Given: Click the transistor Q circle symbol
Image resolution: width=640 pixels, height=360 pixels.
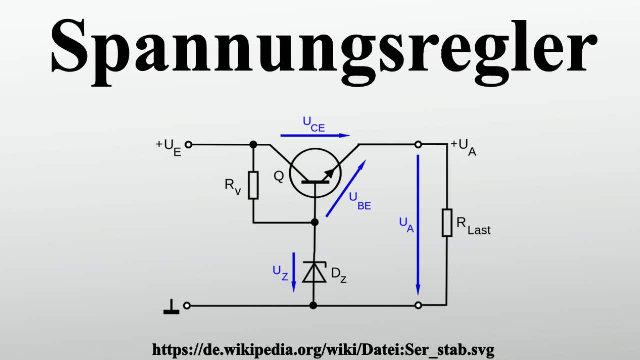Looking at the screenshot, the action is [x=315, y=174].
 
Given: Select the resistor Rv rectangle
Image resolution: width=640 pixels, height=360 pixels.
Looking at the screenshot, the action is [x=253, y=185].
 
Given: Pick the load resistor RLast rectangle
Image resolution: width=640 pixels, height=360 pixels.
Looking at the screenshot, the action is [x=447, y=223].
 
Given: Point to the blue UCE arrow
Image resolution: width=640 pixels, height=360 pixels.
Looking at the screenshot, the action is [x=315, y=135].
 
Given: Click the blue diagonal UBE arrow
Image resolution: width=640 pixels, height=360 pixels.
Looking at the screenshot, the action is [x=346, y=188].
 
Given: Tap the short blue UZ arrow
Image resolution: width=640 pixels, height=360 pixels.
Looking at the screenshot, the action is [x=294, y=272].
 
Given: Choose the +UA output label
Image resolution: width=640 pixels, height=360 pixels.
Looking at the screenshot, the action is [x=463, y=147].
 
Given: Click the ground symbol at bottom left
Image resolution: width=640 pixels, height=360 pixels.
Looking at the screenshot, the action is [x=171, y=308].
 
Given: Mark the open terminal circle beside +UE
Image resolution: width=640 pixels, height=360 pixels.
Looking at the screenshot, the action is [x=188, y=145].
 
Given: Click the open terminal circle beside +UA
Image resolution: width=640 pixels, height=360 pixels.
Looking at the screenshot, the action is [x=418, y=145].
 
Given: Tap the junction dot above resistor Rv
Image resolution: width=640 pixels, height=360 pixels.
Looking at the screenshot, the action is [x=253, y=145].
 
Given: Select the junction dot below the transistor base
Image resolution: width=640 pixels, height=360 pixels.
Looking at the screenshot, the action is [x=314, y=222].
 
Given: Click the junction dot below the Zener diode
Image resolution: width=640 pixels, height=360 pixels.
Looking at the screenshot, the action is [x=313, y=305].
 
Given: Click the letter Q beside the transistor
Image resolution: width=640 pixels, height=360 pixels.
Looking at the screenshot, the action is [x=278, y=176].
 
